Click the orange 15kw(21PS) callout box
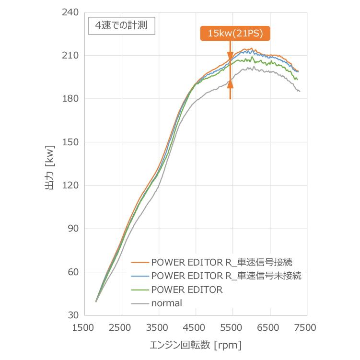(x=235, y=34)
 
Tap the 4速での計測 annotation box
(x=121, y=26)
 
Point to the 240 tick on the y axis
(x=70, y=12)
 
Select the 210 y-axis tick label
(x=70, y=56)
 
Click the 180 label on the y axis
(x=70, y=99)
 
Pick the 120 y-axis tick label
(x=70, y=186)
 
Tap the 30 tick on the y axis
(x=73, y=315)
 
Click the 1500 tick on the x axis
(x=85, y=328)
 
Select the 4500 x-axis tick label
(x=196, y=328)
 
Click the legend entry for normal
(x=166, y=303)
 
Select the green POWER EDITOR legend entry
(x=186, y=290)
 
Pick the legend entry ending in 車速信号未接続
(x=226, y=276)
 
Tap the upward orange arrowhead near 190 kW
(x=231, y=84)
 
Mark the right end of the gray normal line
(x=300, y=91)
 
